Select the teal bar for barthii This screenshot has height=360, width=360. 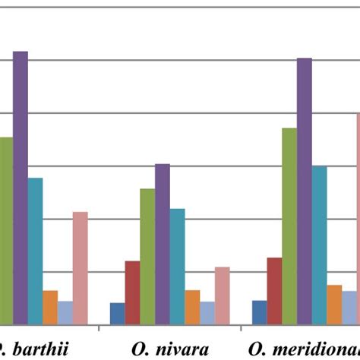tap(35, 251)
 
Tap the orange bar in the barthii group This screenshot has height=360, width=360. tap(50, 307)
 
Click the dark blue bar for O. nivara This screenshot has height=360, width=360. tap(117, 313)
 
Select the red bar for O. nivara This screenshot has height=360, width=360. tap(132, 292)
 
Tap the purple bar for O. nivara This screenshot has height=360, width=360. tap(163, 244)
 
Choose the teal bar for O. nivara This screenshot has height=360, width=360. tap(177, 266)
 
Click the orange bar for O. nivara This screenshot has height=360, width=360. tap(192, 307)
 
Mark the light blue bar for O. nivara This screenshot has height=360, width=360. tap(207, 312)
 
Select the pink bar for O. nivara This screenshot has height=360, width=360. tap(222, 295)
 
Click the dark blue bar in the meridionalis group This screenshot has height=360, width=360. tap(260, 311)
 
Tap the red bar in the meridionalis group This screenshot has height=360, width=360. tap(274, 291)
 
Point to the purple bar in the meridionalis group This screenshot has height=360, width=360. tap(305, 191)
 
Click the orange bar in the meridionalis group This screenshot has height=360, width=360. tap(334, 304)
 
